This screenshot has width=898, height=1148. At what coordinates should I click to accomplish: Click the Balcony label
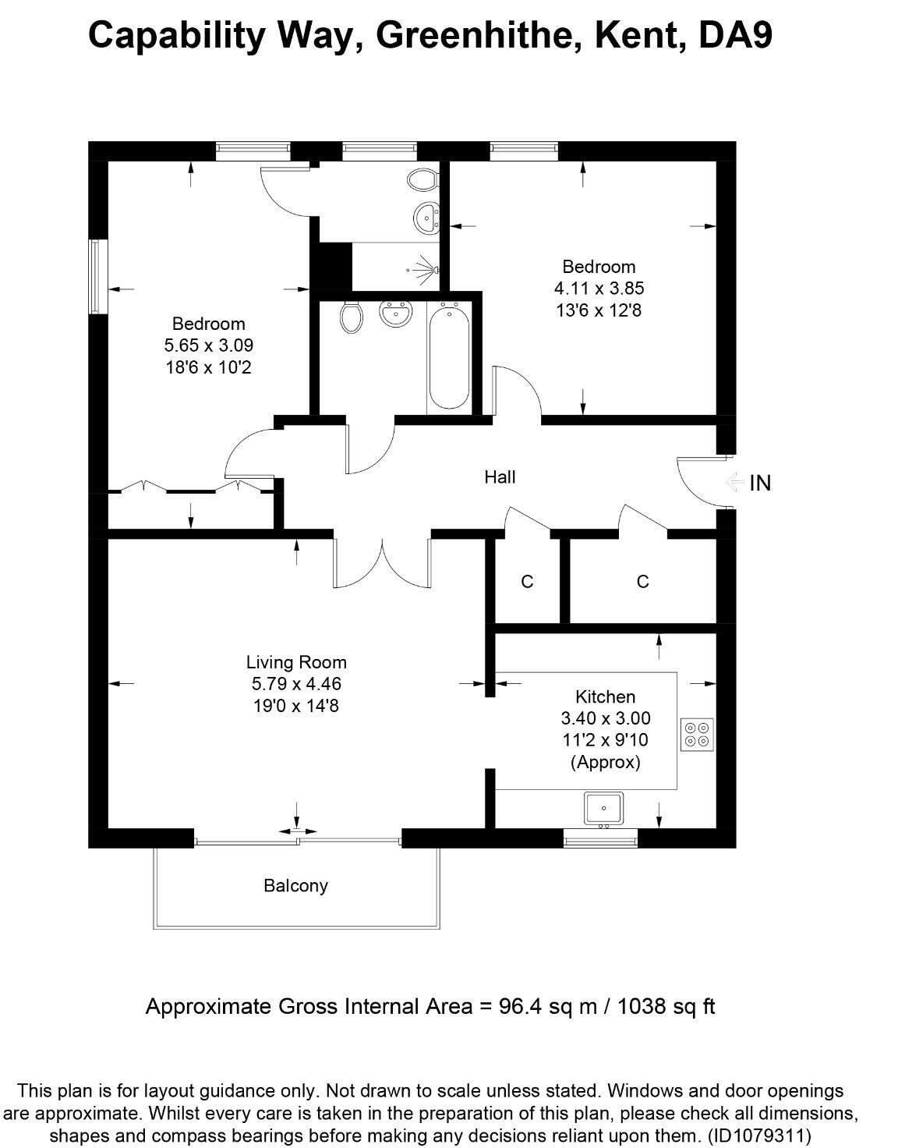point(295,886)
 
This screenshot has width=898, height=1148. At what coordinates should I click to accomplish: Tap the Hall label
point(500,477)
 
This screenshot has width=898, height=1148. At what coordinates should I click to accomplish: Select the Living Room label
point(296,662)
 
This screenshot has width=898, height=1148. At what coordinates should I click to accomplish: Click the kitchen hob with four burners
point(697,734)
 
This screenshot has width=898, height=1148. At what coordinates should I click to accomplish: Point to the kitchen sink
point(603,808)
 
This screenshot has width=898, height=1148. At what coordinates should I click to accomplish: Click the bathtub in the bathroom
point(448,357)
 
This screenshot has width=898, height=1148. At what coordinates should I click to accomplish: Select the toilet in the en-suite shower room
point(422,179)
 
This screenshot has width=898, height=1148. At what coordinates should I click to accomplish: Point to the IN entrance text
point(760,484)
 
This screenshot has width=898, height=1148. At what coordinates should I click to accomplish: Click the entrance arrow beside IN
point(733,483)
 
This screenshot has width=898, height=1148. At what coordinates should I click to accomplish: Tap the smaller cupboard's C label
point(527,582)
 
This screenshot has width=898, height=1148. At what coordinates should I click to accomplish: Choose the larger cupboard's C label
point(642,582)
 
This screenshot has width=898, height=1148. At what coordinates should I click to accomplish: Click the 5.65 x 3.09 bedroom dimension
point(209,345)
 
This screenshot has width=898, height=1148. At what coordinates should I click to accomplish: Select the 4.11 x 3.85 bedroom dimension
point(599,289)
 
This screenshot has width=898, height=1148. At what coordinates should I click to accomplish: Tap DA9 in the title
point(734,35)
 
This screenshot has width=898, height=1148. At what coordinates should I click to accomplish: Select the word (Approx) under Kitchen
point(606,762)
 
